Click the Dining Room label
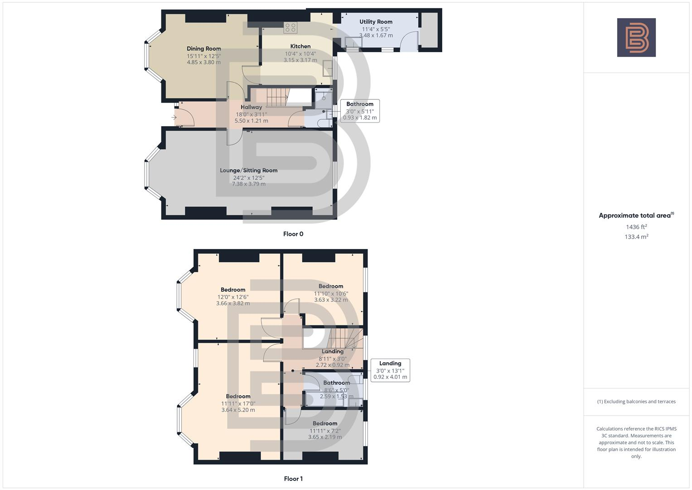[204, 49]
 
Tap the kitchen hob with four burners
[290, 27]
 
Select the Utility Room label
[376, 21]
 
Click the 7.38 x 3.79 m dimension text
[248, 184]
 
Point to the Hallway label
[251, 107]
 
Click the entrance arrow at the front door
[174, 118]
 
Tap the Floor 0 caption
[293, 234]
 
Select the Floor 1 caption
[293, 479]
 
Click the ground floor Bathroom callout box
[360, 111]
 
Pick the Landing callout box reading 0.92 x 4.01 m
[390, 370]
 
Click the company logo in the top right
[636, 37]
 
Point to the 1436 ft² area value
[636, 227]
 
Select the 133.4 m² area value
[636, 236]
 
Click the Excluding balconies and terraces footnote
[636, 402]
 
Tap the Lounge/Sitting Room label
[248, 171]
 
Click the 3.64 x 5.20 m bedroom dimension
[238, 410]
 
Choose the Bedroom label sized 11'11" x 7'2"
[325, 423]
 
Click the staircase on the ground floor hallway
[277, 98]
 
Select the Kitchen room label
[300, 46]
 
